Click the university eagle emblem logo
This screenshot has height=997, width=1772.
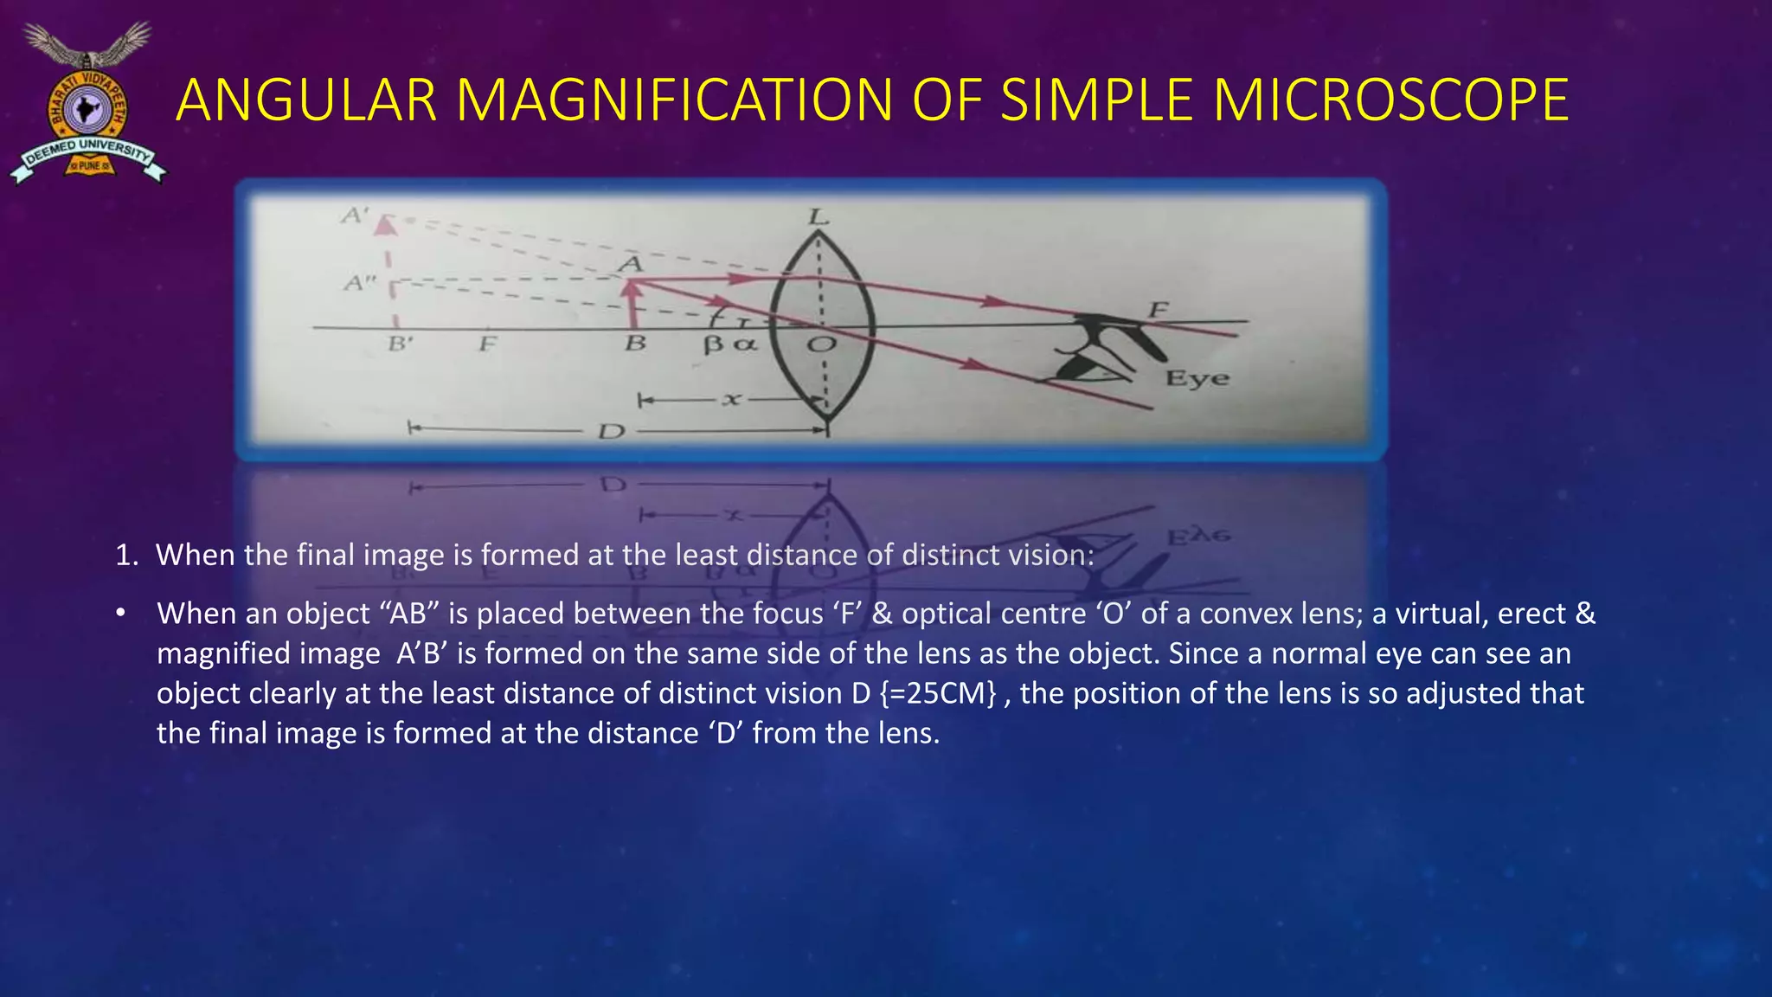(x=87, y=104)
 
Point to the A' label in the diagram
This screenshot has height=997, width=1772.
(x=354, y=215)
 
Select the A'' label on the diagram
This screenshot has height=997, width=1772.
(x=358, y=282)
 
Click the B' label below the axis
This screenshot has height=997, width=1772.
(x=400, y=344)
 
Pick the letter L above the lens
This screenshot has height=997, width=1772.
(x=818, y=216)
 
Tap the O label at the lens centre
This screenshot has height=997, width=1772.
(x=821, y=345)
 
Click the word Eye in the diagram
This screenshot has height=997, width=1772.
(x=1197, y=378)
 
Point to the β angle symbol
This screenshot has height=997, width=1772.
(x=713, y=344)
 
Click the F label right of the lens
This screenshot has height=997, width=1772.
(x=1158, y=309)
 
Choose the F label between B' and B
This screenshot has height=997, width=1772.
(x=488, y=344)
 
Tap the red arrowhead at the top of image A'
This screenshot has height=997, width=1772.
(x=386, y=224)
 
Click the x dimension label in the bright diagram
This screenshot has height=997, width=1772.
(x=732, y=400)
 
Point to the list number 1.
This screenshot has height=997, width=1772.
(x=126, y=555)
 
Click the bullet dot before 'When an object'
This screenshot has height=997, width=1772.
(x=121, y=614)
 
